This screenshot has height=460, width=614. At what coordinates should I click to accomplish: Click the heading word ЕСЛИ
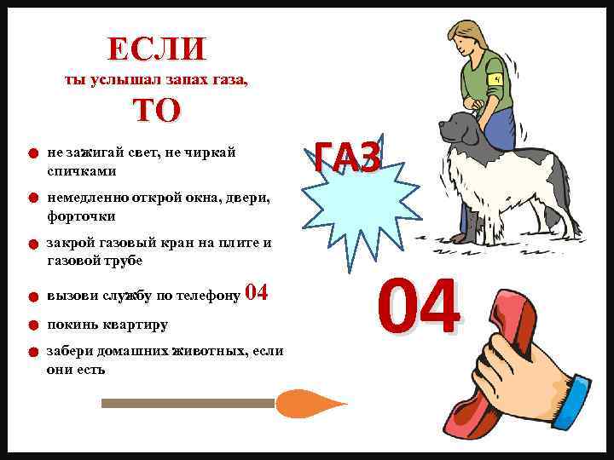[157, 49]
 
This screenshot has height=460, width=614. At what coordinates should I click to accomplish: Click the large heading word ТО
[157, 111]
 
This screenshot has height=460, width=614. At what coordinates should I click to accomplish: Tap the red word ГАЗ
[346, 157]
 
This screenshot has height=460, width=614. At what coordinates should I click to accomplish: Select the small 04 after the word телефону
[257, 294]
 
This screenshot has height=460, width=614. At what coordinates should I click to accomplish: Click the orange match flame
[307, 403]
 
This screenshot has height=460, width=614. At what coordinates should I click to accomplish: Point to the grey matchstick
[188, 403]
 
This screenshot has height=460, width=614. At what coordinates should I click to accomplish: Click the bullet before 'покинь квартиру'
[29, 325]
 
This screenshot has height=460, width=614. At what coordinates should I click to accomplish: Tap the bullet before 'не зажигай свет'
[29, 155]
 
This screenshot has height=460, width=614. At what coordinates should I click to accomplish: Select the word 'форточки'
[81, 216]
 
